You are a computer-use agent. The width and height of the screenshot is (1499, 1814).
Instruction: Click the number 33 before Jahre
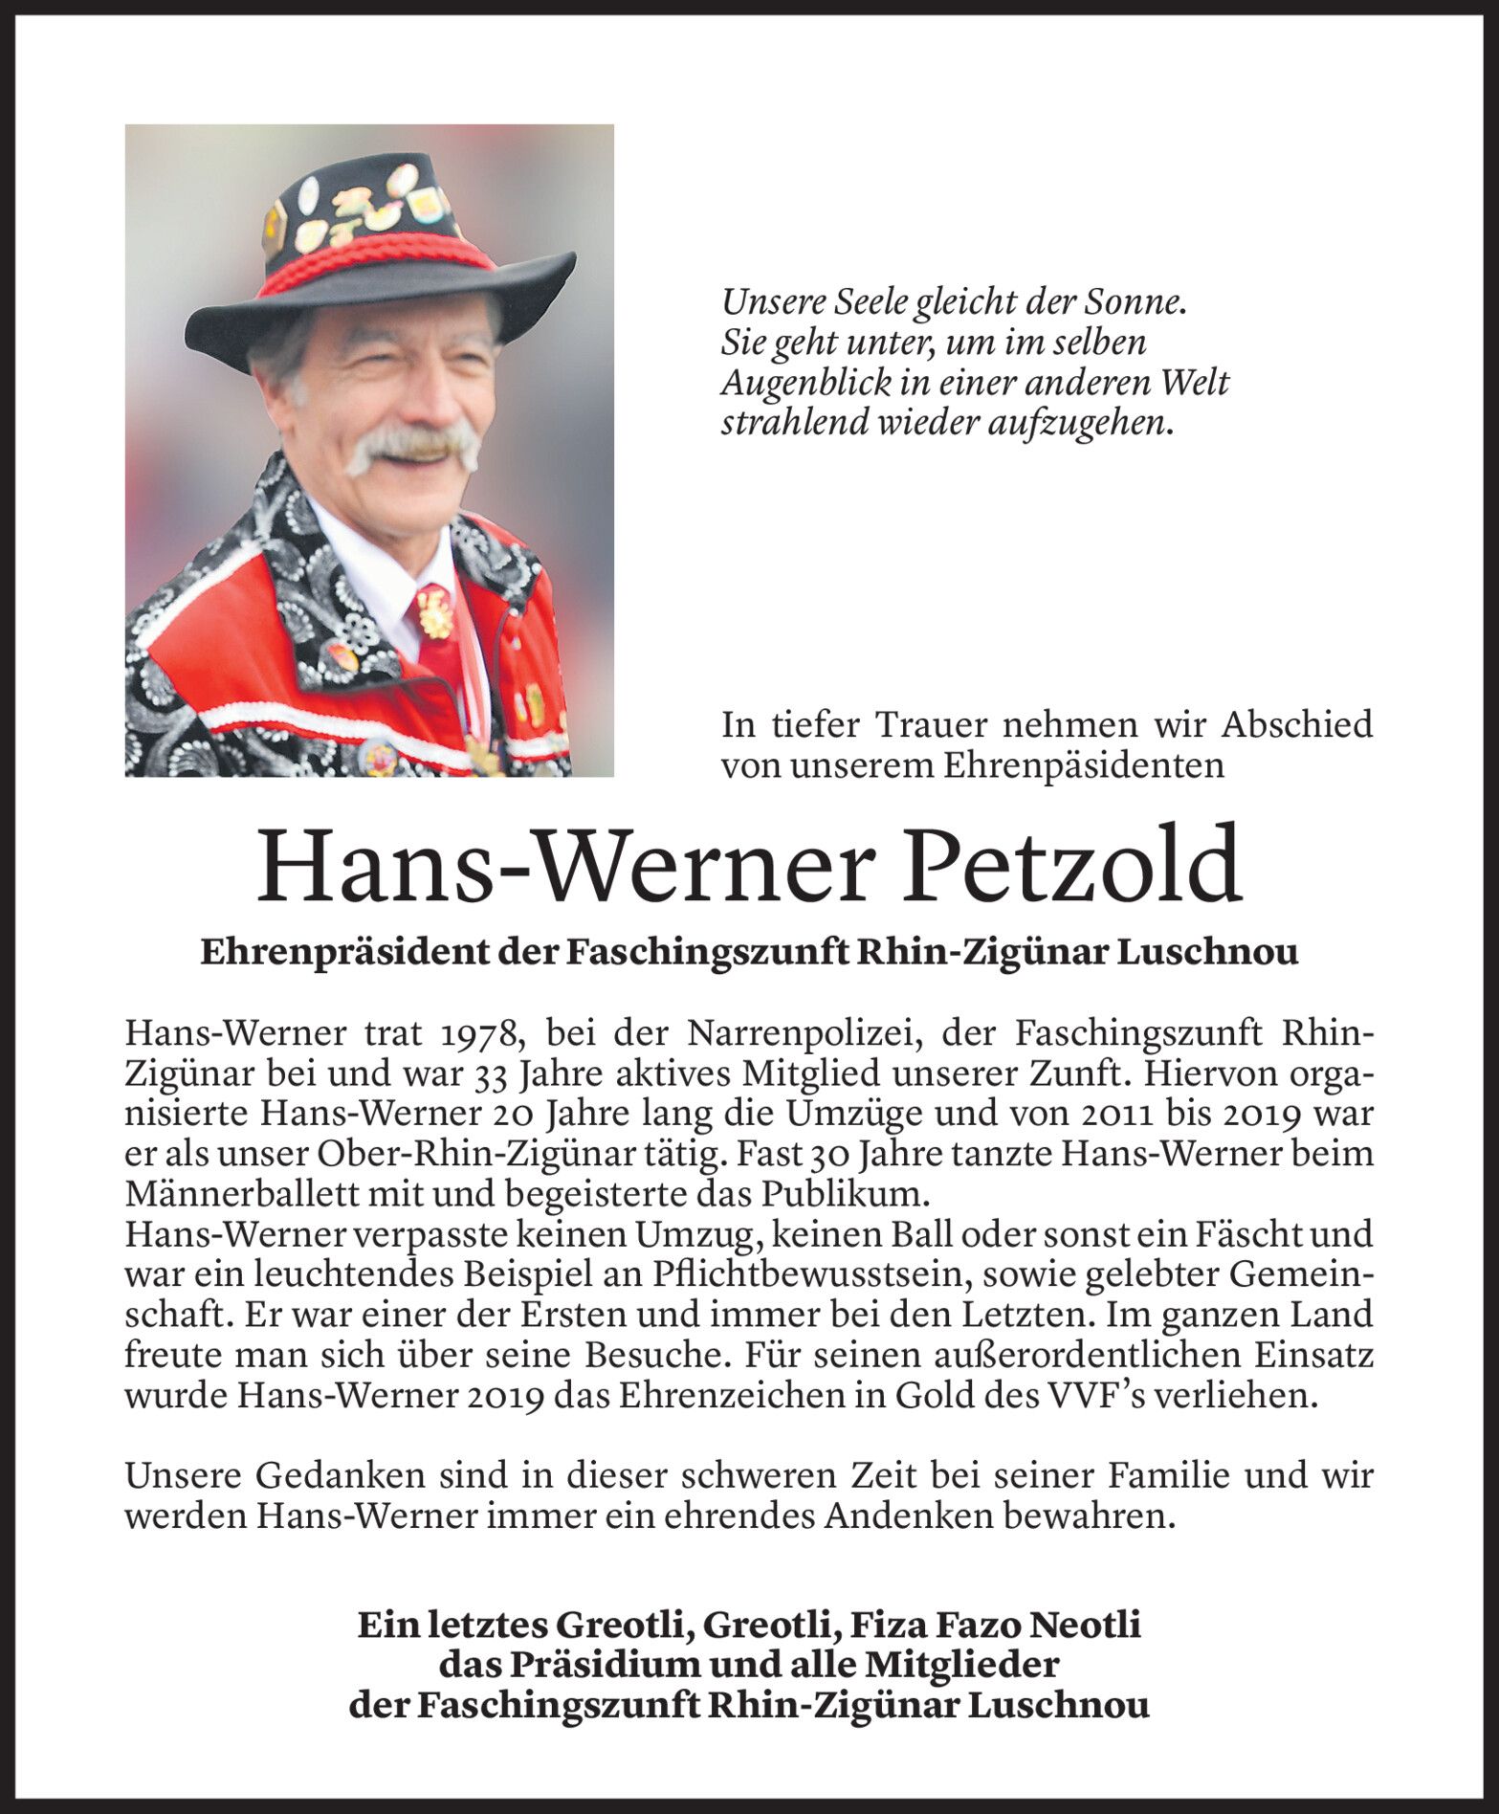click(489, 1074)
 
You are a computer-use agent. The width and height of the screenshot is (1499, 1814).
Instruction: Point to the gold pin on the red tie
click(434, 612)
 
